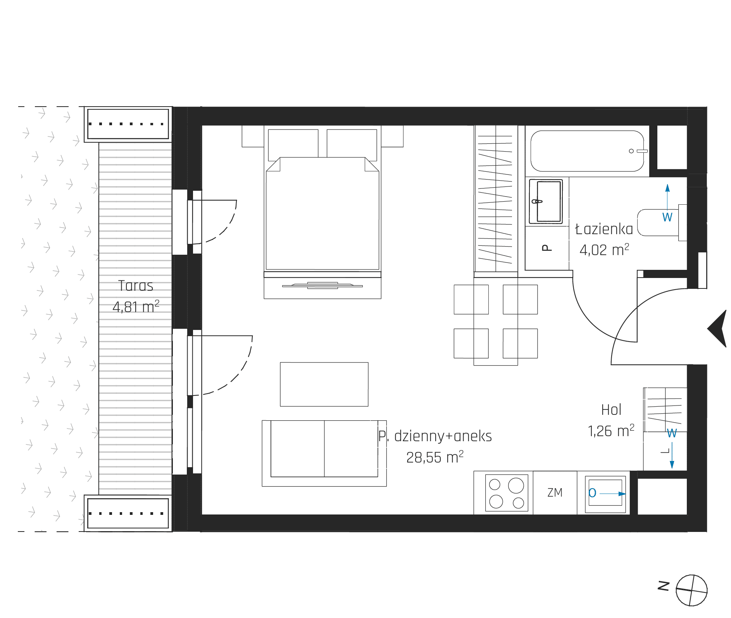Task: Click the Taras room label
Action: pos(136,286)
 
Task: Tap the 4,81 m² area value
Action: pos(136,306)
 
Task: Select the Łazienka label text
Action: pos(604,229)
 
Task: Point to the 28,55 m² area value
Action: pos(435,457)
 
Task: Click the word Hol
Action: pos(611,410)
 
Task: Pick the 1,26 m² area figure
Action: pos(611,431)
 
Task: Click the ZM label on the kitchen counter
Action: pos(555,492)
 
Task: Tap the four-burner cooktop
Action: pos(507,493)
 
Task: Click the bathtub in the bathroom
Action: pos(587,151)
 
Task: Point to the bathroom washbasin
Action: pos(546,201)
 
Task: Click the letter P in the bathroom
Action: pos(547,248)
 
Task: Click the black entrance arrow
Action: pos(718,329)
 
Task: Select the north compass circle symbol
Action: pos(691,590)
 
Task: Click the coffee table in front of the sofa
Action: pos(324,384)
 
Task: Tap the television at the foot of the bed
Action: pos(322,286)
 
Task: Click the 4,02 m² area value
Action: pos(604,250)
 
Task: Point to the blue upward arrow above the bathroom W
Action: pos(667,197)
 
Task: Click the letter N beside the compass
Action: pos(664,586)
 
